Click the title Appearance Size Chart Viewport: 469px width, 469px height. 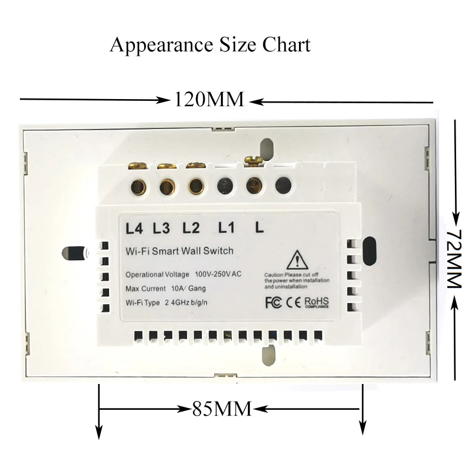[x=210, y=45]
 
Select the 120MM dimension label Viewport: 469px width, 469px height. [x=208, y=100]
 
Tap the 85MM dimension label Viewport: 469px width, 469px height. [x=222, y=408]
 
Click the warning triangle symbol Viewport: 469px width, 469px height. [x=297, y=259]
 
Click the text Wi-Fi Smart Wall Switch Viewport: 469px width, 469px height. [x=180, y=251]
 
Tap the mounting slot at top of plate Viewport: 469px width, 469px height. [x=267, y=149]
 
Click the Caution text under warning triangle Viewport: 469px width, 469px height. [x=299, y=281]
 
